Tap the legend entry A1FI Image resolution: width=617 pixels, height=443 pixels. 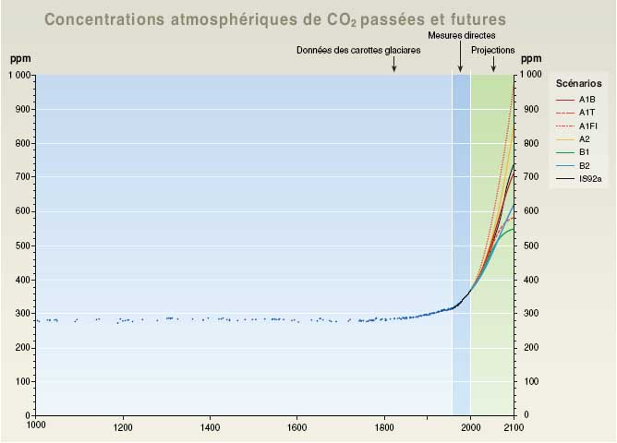[x=587, y=125]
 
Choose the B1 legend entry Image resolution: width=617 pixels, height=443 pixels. [x=585, y=152]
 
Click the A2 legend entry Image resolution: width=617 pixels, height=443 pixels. [x=585, y=138]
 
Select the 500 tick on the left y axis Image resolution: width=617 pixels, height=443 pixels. [x=22, y=245]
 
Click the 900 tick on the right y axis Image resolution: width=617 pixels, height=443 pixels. [x=530, y=110]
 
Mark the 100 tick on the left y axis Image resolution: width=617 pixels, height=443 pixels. [x=22, y=381]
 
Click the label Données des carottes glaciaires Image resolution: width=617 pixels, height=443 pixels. [x=358, y=50]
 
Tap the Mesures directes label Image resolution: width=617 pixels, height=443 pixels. [x=459, y=36]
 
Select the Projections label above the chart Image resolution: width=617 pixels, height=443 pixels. [x=493, y=50]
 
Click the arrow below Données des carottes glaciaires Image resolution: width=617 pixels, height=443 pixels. [x=394, y=65]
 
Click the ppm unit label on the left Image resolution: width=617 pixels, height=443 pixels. [x=20, y=59]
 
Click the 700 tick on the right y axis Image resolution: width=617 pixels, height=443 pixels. [x=530, y=177]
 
